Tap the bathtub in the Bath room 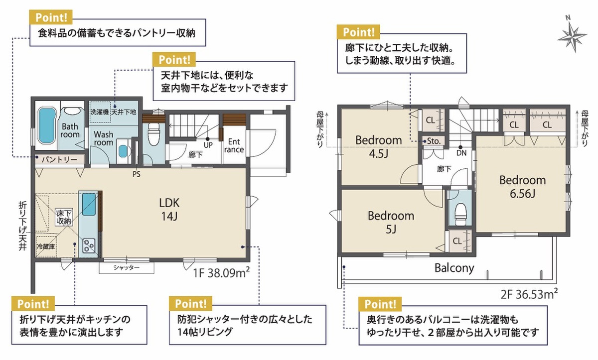click(47, 126)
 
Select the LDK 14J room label click(169, 210)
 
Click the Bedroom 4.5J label click(379, 147)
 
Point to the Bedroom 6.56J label click(522, 187)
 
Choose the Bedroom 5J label click(391, 222)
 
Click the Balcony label click(454, 268)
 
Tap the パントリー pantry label click(59, 160)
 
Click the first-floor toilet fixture click(153, 134)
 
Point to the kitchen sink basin click(89, 204)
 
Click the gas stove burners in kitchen click(89, 245)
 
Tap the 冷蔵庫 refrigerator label click(46, 246)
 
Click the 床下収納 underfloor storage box click(64, 217)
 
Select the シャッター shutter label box click(127, 267)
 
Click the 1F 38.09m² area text click(222, 272)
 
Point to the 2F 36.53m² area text click(529, 294)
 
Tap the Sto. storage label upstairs click(434, 141)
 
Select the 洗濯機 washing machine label click(99, 112)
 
